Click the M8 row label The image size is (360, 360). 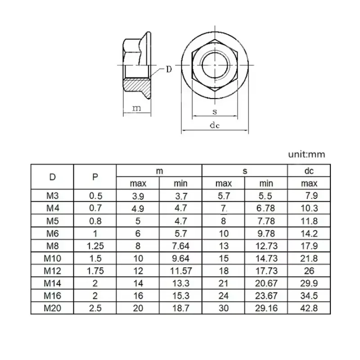[52, 246]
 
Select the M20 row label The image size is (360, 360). [52, 308]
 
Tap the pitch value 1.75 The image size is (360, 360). [95, 271]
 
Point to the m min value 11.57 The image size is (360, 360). [180, 271]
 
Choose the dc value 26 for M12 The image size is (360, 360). [309, 271]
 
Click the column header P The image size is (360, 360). [95, 177]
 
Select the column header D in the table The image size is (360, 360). [52, 177]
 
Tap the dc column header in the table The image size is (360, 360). [309, 171]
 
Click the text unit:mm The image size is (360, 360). [306, 154]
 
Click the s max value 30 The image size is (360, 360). [224, 308]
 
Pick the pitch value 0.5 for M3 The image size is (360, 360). [95, 196]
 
